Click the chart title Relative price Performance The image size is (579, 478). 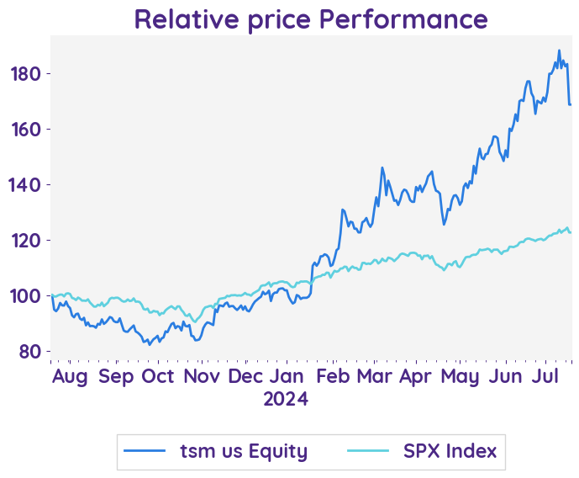pos(310,19)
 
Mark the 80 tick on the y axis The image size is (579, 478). pos(31,352)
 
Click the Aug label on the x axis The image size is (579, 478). pos(70,376)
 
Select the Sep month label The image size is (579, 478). pos(116,376)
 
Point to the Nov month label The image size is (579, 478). pos(203,376)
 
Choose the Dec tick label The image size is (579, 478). pos(245,376)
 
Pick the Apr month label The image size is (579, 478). pos(415,376)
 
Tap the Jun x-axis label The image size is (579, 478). pos(504,376)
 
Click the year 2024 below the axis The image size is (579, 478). pos(286,399)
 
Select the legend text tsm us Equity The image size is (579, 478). pos(244,451)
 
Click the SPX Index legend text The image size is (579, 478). pos(450,451)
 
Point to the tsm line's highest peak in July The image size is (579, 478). pos(559,50)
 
